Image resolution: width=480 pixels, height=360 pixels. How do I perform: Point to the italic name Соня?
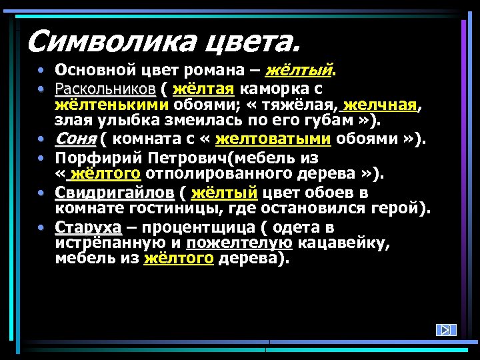75,139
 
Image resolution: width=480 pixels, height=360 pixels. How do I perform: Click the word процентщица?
201,227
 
